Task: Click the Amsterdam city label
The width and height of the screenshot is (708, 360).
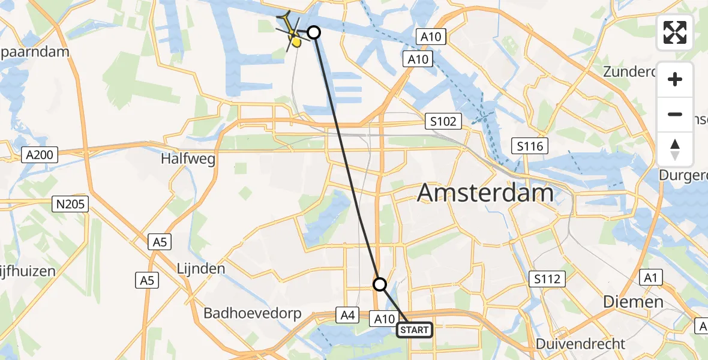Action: pyautogui.click(x=485, y=193)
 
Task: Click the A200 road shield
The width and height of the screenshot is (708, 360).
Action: pyautogui.click(x=40, y=155)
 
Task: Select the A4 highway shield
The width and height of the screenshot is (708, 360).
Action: pyautogui.click(x=349, y=315)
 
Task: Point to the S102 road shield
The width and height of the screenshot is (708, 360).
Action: pyautogui.click(x=442, y=121)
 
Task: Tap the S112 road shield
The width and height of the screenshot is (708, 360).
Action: pyautogui.click(x=547, y=278)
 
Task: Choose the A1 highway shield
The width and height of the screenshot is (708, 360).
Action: pyautogui.click(x=649, y=277)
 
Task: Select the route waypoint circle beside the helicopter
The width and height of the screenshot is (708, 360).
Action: pyautogui.click(x=314, y=32)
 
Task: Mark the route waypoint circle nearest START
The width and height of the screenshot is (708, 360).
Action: pyautogui.click(x=380, y=284)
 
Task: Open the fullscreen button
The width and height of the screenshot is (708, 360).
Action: pyautogui.click(x=675, y=32)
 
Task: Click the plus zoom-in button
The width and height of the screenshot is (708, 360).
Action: pyautogui.click(x=675, y=79)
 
